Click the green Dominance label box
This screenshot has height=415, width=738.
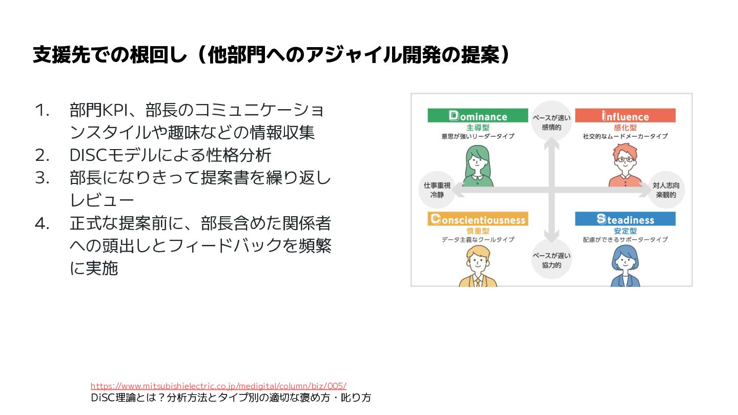tap(478, 116)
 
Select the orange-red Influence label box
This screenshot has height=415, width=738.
tap(625, 116)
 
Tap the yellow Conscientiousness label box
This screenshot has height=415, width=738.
tap(478, 219)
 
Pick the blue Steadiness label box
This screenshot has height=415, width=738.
tap(625, 219)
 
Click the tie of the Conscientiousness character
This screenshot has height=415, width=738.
tap(478, 281)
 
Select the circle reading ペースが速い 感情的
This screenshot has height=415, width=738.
tap(551, 121)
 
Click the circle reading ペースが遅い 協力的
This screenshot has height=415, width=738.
tap(551, 260)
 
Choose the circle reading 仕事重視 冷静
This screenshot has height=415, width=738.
tap(437, 190)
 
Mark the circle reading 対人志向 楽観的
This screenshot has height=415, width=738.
tap(666, 190)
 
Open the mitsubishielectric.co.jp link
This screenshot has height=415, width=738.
tap(218, 386)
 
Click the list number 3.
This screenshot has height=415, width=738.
tap(42, 177)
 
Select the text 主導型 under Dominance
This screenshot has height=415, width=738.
tap(478, 128)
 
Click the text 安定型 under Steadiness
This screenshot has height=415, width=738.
tap(625, 231)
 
